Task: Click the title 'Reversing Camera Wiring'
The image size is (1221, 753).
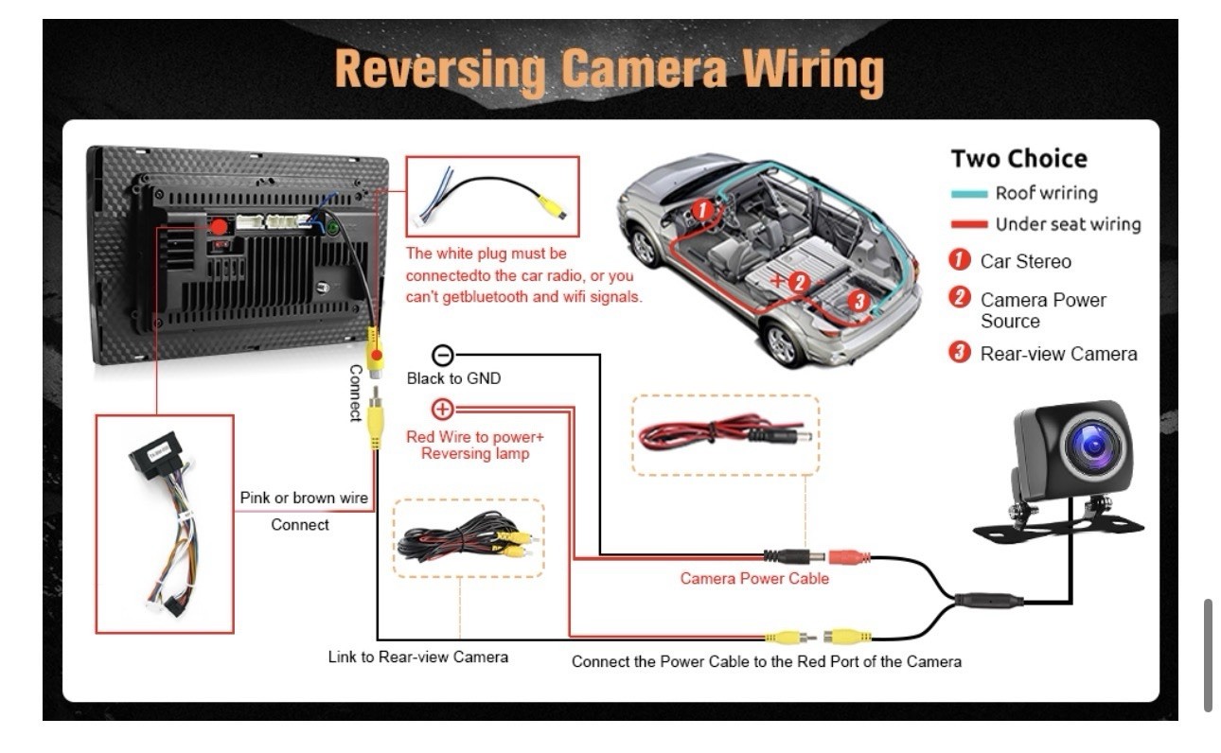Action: coord(609,71)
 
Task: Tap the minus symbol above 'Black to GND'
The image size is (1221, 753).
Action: coord(443,356)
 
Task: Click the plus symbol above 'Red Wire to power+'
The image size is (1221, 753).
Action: coord(442,410)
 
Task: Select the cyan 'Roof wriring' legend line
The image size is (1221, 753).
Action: coord(968,194)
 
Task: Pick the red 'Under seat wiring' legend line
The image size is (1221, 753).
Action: coord(968,224)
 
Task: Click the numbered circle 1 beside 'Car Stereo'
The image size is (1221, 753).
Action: coord(960,260)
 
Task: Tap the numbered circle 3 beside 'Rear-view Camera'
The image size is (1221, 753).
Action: coord(960,352)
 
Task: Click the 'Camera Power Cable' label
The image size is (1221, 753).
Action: coord(754,578)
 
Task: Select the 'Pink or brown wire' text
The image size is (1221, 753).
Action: coord(304,498)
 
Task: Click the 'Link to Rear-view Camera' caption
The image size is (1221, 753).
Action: coord(418,657)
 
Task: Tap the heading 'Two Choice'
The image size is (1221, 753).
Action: coord(1018,159)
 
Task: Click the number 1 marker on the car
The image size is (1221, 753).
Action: coord(702,210)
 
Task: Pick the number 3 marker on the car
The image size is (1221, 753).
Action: coord(859,300)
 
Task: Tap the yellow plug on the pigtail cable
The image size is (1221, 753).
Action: coord(551,207)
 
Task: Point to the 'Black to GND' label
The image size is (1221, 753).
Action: coord(453,378)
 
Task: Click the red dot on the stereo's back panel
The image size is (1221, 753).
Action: coord(220,227)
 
